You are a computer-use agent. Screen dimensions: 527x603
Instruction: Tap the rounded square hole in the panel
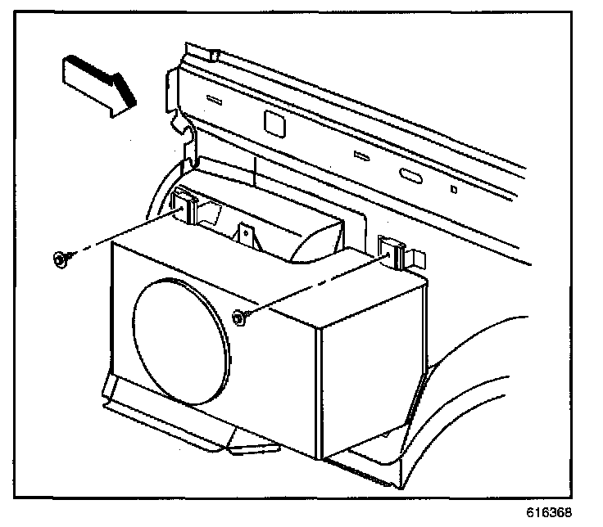[x=271, y=120]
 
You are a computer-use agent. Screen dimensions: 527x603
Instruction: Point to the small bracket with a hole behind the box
[x=247, y=233]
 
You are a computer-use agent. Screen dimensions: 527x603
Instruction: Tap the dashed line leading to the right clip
[x=315, y=283]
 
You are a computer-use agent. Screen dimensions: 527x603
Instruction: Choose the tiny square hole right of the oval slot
[x=454, y=190]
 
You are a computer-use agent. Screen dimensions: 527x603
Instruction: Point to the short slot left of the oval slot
[x=360, y=155]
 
